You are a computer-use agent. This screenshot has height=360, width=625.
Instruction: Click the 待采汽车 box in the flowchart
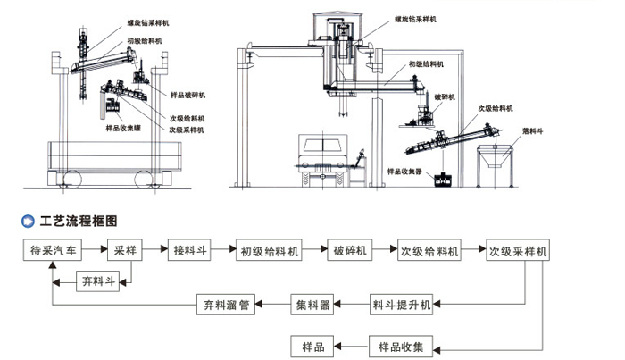click(x=54, y=250)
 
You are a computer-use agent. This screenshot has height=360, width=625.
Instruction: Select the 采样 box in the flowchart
click(x=125, y=250)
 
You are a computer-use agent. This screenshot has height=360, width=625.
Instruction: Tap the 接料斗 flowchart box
click(x=189, y=250)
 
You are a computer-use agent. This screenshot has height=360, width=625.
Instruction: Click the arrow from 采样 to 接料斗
click(x=154, y=250)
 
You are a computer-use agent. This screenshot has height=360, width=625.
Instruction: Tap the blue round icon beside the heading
click(x=25, y=219)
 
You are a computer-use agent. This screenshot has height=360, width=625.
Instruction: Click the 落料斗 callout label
click(x=535, y=130)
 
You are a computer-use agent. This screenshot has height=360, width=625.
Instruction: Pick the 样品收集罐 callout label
click(x=123, y=128)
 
